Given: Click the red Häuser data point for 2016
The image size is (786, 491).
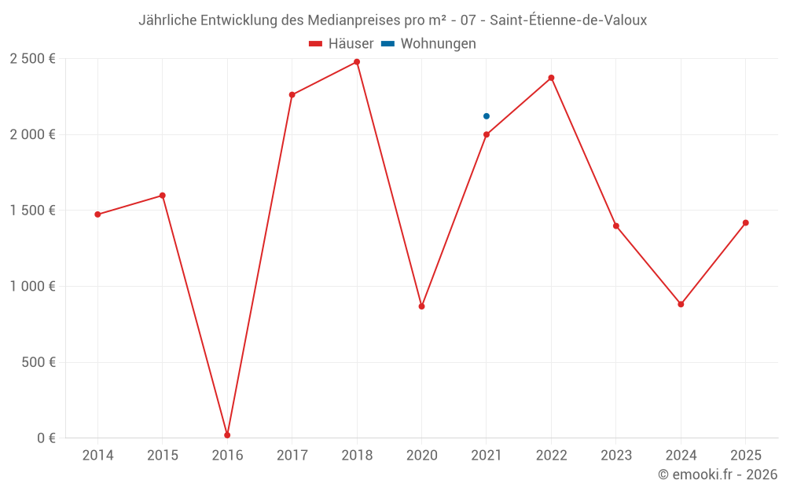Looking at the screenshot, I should coord(227,435).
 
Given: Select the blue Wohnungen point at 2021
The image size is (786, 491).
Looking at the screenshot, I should coord(487,116).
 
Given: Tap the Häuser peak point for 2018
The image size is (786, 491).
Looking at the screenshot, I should coord(357,62).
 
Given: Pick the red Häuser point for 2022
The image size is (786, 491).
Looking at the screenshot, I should coord(551,78).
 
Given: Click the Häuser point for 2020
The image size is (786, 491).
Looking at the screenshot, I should coord(421,306).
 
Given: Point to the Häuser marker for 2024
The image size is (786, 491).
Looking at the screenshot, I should coord(681,304).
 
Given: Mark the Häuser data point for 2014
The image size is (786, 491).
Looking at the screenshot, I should coord(97,214).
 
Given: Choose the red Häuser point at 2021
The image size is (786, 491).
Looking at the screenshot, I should coord(487,134).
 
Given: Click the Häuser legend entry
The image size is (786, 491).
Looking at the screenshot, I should coord(341,44).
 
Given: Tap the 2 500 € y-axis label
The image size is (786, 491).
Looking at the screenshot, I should coord(32,59).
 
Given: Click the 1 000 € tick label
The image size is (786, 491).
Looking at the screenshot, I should coord(32,287).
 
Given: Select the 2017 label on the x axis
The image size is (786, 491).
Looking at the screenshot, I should coord(292,456).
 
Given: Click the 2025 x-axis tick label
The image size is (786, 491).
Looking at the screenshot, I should coord(745,456).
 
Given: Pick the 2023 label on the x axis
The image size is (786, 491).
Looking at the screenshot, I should coord(615,456).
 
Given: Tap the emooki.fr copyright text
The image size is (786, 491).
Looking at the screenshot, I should coord(717,475).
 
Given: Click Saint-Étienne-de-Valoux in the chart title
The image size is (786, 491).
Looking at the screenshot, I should coord(568,20).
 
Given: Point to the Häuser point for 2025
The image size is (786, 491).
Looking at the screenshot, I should coord(745,223).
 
